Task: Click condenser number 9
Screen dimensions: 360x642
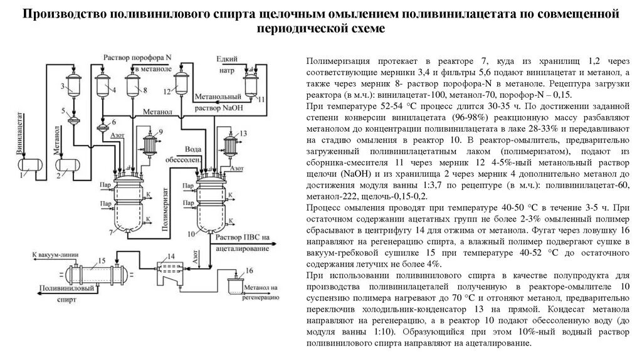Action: [149, 145]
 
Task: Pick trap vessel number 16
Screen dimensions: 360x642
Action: [237, 285]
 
